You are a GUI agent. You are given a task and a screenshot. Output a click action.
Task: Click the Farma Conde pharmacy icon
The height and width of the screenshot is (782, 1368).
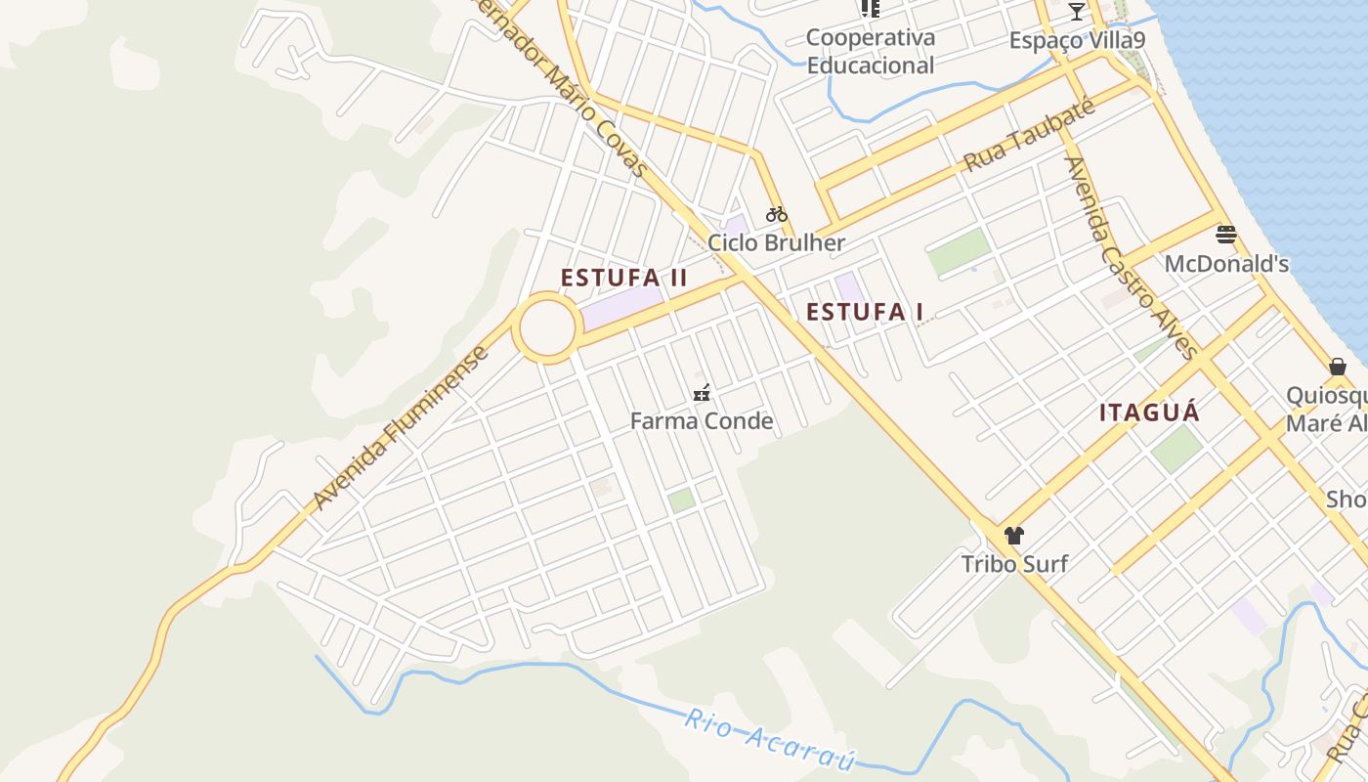(701, 394)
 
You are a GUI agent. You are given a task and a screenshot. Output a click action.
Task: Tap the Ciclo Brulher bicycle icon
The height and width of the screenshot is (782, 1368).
(777, 214)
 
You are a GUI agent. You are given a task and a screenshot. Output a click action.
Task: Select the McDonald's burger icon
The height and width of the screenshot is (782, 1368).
(1226, 235)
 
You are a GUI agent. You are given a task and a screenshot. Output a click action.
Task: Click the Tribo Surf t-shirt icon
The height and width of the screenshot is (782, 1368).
(1013, 536)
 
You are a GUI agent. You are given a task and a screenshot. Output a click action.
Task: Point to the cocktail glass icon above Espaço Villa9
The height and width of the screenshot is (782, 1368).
(1077, 12)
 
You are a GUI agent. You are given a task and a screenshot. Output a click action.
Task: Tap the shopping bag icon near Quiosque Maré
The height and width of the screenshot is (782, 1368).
(1338, 367)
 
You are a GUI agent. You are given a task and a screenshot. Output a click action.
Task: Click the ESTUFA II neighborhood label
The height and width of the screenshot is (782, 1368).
(624, 278)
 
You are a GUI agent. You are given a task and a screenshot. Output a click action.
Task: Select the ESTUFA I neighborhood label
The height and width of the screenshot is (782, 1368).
(865, 312)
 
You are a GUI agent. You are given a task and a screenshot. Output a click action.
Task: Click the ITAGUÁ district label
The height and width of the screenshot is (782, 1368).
(1149, 413)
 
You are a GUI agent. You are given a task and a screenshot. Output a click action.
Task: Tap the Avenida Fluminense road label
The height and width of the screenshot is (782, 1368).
(401, 427)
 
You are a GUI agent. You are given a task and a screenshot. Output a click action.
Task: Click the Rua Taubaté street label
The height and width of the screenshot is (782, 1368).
(1029, 135)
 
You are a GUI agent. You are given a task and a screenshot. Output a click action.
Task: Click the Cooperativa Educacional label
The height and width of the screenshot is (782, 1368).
(870, 52)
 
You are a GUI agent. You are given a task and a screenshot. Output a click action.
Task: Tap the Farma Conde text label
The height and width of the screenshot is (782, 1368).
(701, 421)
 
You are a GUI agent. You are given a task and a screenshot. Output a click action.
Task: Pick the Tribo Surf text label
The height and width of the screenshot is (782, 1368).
(1014, 564)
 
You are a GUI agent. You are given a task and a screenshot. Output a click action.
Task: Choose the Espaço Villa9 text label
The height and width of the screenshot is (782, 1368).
(1077, 41)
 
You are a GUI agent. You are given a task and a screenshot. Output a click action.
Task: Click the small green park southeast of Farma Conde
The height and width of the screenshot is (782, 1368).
(681, 500)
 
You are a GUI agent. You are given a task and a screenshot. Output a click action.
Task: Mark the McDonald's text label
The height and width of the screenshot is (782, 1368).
(1226, 264)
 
